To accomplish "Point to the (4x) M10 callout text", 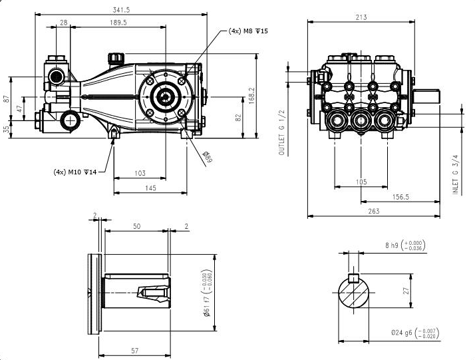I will [x=75, y=172].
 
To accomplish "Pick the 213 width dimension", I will [x=380, y=17].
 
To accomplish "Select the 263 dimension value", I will [x=373, y=211].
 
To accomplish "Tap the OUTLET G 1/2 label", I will [x=281, y=132].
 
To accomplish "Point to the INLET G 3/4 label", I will [x=456, y=174].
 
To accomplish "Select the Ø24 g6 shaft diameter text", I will [x=405, y=333].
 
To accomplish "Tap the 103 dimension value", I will [x=140, y=173].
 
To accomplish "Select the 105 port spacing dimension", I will [x=361, y=182].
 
